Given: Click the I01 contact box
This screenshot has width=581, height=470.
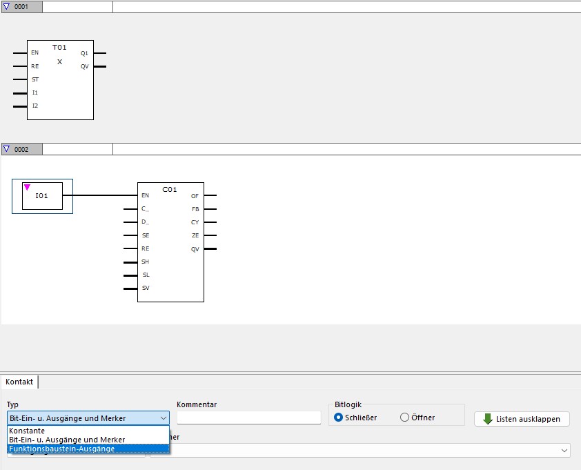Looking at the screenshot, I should pyautogui.click(x=42, y=196).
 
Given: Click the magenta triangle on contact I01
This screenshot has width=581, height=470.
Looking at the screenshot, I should pyautogui.click(x=28, y=186).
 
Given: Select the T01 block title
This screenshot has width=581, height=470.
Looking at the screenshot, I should pyautogui.click(x=59, y=47).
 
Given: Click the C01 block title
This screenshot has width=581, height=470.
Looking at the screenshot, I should pyautogui.click(x=170, y=189).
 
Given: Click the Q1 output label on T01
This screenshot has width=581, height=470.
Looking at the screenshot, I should pyautogui.click(x=84, y=53).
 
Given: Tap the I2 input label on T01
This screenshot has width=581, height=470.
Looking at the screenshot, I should pyautogui.click(x=35, y=106).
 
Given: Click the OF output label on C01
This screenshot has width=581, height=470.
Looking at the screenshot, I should pyautogui.click(x=195, y=196).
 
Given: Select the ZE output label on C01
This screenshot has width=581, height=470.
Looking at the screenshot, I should pyautogui.click(x=195, y=235).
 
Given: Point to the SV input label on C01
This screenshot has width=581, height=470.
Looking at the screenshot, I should pyautogui.click(x=146, y=288).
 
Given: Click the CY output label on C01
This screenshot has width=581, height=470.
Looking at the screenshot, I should pyautogui.click(x=195, y=222).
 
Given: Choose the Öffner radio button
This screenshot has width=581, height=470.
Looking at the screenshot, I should pyautogui.click(x=405, y=418).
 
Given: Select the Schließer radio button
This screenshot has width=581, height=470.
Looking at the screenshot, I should pyautogui.click(x=338, y=418).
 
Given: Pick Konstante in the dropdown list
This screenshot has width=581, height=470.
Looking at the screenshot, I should pyautogui.click(x=27, y=431).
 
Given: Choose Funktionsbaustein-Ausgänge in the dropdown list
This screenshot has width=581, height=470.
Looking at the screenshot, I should pyautogui.click(x=62, y=449).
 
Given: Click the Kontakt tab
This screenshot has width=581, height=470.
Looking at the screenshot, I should pyautogui.click(x=19, y=382).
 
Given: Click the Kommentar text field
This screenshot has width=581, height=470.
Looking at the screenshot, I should pyautogui.click(x=249, y=418).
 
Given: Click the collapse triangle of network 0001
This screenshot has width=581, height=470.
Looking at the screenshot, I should pyautogui.click(x=7, y=6).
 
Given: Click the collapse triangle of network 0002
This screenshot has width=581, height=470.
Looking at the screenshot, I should pyautogui.click(x=7, y=149).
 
